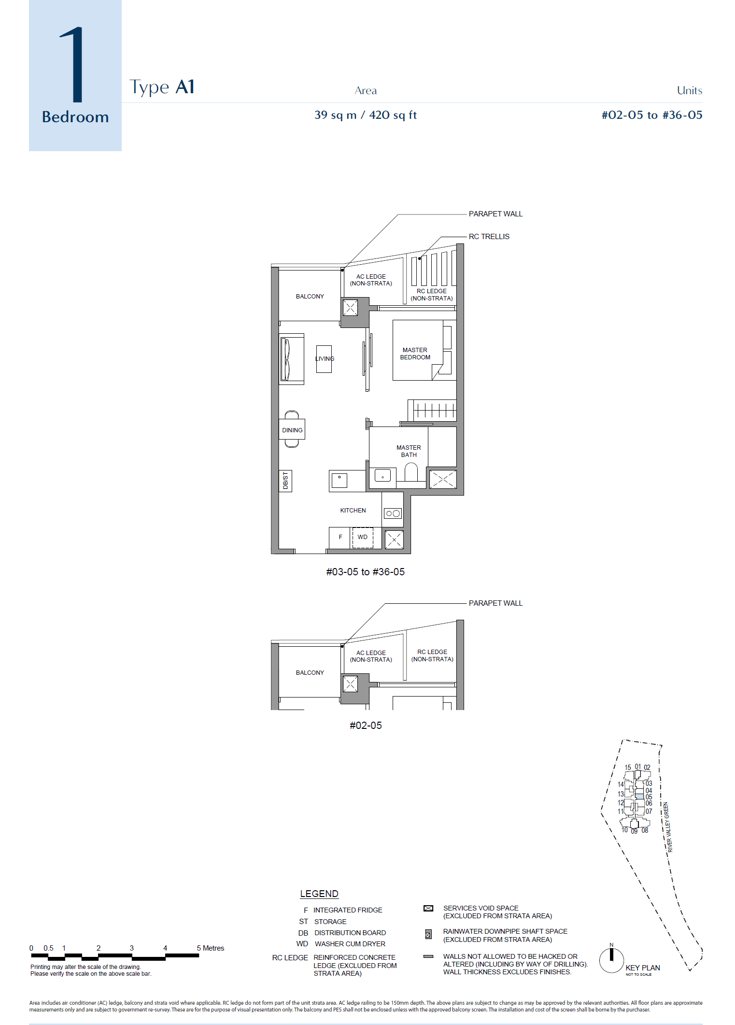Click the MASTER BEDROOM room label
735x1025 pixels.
(415, 354)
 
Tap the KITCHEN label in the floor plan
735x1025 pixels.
(353, 510)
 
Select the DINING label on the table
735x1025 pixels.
(292, 430)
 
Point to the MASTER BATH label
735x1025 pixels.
(409, 451)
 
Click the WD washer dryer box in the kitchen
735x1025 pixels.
(363, 537)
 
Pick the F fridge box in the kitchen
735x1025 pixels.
(340, 537)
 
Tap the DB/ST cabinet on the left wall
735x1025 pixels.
(285, 481)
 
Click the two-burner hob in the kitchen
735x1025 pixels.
(393, 513)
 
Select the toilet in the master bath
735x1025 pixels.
(411, 472)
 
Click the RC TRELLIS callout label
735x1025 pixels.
(489, 236)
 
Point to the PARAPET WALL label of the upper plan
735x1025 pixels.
(495, 214)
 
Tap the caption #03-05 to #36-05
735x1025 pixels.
(365, 572)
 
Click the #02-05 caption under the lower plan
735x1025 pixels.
(366, 725)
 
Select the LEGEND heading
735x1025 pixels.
(319, 894)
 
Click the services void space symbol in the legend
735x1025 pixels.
(428, 908)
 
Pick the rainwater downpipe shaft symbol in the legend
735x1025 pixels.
(428, 935)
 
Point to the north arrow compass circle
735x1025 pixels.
(611, 960)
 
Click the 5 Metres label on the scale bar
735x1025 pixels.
(210, 948)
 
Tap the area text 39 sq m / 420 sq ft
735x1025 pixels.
(365, 115)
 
